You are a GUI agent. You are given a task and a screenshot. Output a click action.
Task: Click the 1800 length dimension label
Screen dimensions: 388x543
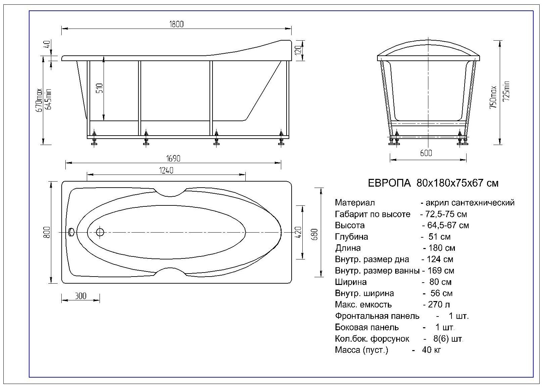tap(177, 24)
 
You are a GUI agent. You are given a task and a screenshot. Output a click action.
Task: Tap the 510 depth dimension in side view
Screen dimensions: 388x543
tap(100, 88)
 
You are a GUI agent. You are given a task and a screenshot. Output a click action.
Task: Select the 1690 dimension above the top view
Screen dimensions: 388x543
tap(173, 158)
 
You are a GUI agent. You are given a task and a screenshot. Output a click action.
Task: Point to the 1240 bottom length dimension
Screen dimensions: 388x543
tap(166, 171)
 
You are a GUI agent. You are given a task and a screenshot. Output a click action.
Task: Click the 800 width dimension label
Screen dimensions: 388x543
tap(47, 232)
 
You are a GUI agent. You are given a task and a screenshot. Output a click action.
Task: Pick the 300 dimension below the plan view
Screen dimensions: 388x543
tap(80, 296)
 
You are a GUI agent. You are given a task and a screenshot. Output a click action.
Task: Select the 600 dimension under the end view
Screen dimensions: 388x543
tap(426, 153)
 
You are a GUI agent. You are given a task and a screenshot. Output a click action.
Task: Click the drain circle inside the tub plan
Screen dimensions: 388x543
tap(100, 232)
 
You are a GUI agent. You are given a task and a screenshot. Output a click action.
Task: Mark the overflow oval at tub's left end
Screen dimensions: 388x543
tap(71, 232)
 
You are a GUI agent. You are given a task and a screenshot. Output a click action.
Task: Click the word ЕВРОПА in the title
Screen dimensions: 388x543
tap(389, 183)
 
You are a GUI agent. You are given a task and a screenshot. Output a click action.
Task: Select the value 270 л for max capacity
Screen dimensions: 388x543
tap(436, 305)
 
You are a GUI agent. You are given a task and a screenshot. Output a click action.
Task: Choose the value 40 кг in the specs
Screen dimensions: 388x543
tap(431, 350)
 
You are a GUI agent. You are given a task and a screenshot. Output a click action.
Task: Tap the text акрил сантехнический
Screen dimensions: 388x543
tap(470, 203)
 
